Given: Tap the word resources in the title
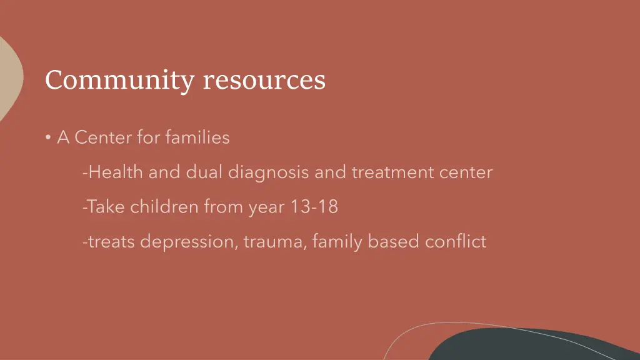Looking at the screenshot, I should tap(264, 81).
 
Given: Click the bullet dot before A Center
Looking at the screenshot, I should tap(48, 138).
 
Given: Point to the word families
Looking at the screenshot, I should tap(197, 137).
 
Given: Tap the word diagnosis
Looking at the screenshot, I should tap(268, 172).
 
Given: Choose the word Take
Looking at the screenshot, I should tap(105, 207).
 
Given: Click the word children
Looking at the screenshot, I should tap(164, 207).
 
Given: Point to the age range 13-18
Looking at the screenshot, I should tap(314, 207).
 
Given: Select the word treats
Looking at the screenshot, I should tap(111, 241).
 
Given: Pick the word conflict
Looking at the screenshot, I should tap(456, 241).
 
